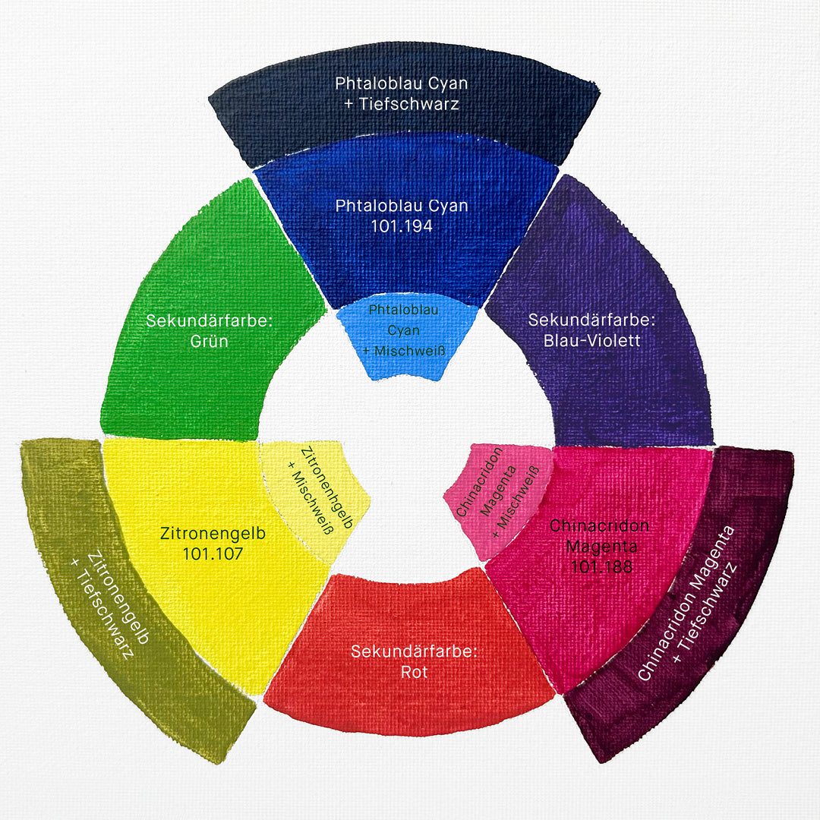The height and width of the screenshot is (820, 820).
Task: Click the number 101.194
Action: tap(402, 226)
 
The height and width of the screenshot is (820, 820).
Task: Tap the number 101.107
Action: tap(213, 553)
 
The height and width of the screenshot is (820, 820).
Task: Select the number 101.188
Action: tap(601, 566)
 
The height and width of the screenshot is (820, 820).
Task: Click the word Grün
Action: tap(210, 341)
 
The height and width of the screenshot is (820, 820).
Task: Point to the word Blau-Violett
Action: tap(592, 340)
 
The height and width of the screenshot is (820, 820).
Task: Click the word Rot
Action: tap(415, 672)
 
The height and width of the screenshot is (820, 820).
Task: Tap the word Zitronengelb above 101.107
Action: tap(213, 533)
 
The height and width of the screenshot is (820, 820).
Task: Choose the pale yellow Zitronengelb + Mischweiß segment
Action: tap(314, 497)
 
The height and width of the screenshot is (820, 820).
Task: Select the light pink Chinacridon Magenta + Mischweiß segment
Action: tap(497, 500)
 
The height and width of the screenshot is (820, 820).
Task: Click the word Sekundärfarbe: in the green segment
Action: tap(210, 320)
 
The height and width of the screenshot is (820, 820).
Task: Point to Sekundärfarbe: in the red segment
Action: tap(415, 651)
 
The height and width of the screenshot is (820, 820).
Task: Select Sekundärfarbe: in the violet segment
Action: tap(592, 320)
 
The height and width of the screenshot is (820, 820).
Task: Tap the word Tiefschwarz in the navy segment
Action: tap(409, 103)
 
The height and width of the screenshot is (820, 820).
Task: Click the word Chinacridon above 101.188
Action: tap(599, 525)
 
